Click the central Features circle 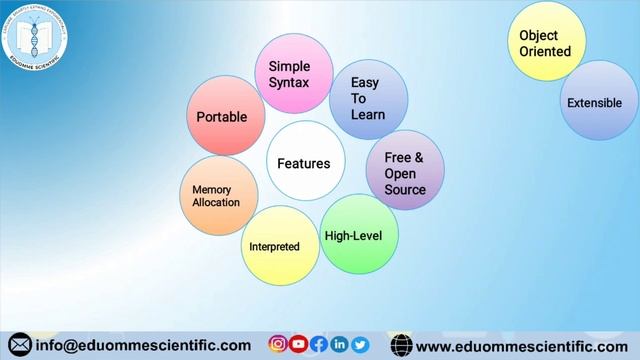coord(304,162)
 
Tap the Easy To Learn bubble coord(367,98)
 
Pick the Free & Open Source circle coord(404,172)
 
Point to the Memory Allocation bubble coord(217,195)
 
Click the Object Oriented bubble coord(546,42)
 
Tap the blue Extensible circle coord(597,101)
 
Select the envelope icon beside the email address coord(19,345)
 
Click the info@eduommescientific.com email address coord(142,345)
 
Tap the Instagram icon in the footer coord(278,344)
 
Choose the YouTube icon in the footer coord(298,344)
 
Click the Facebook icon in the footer coord(319,344)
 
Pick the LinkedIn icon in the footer coord(339,344)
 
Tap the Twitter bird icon coord(360,344)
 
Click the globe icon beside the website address coord(401,345)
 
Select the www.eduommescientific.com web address coord(521,345)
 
